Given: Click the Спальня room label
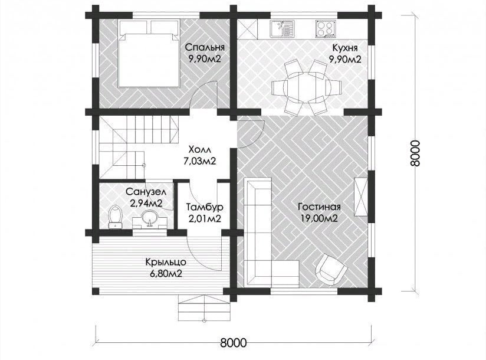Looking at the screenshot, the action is coord(205,47).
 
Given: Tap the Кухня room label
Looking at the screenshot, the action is coord(345,48).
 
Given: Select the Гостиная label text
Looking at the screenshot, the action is coord(319,207).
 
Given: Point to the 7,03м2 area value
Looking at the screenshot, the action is coord(199,161).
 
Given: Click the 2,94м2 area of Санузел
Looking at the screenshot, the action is coord(146,204).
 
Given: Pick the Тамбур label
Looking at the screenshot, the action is coord(205,207).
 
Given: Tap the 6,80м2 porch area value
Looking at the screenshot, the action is coord(166,274).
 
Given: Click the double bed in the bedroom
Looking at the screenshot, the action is coord(149,53).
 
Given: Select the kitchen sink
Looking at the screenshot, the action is coord(281,29).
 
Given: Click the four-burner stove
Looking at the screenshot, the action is coord(326,29).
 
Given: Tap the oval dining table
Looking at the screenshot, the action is coord(306,88).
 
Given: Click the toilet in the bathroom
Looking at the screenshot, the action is coord(115,217).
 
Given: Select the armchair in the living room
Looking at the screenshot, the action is coord(331,268).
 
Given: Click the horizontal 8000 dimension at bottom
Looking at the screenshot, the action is coord(234,343).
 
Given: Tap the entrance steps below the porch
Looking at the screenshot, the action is coord(204,309).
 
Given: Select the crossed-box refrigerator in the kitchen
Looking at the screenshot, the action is coord(247,29).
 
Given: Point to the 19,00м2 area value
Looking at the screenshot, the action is coord(319,218).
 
